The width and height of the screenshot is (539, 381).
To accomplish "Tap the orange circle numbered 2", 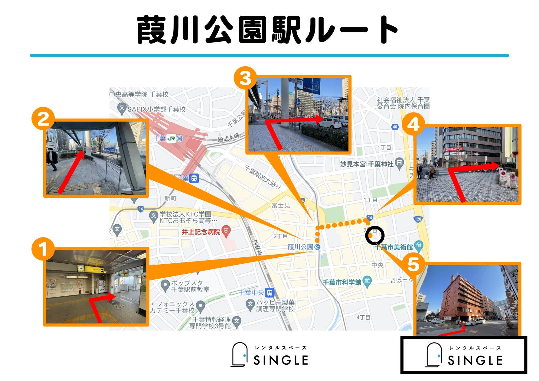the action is coord(43,119).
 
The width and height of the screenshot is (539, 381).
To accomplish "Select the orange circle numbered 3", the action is coord(245,78).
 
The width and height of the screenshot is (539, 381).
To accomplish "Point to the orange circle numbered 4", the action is coord(413,124).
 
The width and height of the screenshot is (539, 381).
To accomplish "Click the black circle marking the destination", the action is coord(374,235).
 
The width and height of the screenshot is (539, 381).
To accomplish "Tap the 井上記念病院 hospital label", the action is coord(201,232).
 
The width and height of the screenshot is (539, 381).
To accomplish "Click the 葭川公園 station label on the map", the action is coord(300,247).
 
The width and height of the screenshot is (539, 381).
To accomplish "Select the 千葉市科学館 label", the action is coord(342,282).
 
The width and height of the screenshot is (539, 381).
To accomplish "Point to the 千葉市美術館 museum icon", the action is coord(419,245).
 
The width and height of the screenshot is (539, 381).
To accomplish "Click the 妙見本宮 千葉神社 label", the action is coord(367,164).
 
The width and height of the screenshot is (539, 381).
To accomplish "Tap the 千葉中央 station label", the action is coord(252,292).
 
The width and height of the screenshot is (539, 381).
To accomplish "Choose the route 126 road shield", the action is coord(418,219).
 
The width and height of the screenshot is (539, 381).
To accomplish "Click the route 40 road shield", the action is coord(395,127).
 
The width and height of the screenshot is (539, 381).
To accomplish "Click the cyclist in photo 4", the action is coord(432,173).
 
